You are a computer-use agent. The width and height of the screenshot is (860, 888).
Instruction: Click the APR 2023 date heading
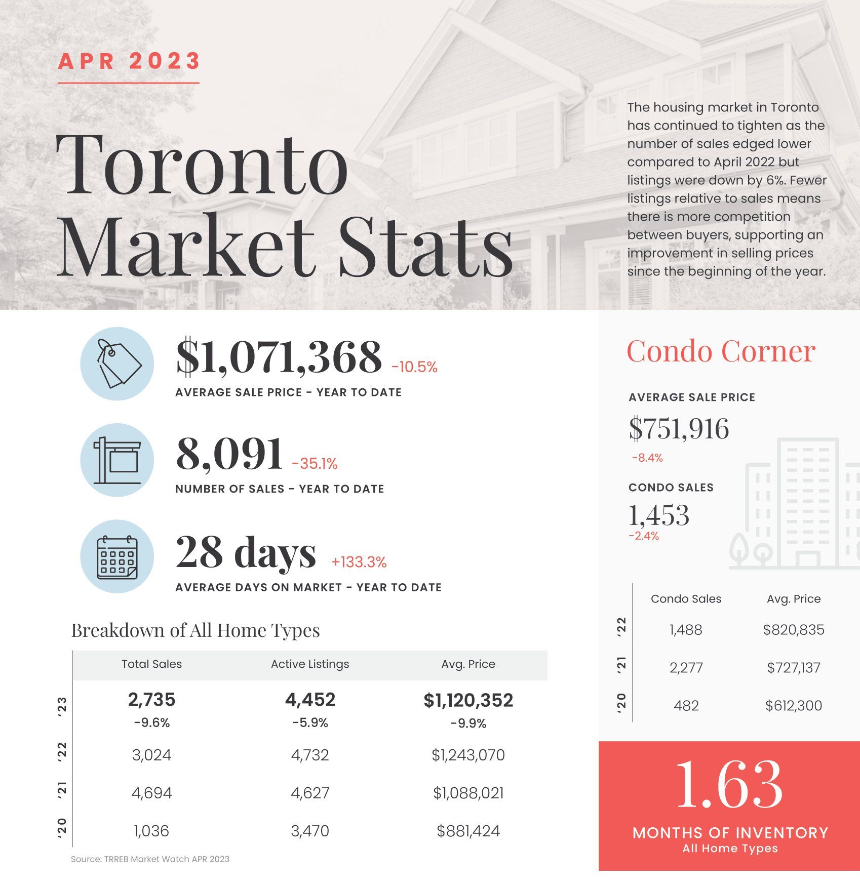point(129,61)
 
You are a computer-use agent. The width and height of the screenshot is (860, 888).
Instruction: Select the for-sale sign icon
point(118,460)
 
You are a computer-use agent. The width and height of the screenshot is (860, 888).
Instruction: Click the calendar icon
point(118,557)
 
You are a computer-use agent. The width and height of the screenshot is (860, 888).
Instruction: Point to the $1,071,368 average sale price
point(279,357)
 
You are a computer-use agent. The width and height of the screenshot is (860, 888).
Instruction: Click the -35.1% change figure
point(315,464)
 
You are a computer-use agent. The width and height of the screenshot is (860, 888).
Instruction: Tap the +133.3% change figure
point(359,562)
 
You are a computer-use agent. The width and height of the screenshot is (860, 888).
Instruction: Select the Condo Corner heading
point(721,351)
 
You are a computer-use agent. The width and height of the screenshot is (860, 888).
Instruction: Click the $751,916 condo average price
point(679,429)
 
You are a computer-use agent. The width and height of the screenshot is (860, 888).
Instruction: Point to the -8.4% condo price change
point(647,458)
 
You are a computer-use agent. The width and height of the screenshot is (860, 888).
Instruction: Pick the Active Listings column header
point(310,664)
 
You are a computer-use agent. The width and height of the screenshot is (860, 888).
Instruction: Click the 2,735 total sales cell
point(151,700)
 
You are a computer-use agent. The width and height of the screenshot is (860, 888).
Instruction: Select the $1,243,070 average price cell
point(468,755)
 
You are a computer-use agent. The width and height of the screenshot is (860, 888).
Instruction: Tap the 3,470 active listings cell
point(310,831)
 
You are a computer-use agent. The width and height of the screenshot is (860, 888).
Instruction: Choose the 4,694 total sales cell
point(151,793)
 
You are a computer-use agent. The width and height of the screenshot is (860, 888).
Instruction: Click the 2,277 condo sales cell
point(686,668)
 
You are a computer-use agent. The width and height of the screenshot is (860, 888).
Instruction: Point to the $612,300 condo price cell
point(794,706)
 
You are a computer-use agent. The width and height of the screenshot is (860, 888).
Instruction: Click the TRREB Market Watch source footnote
point(150,859)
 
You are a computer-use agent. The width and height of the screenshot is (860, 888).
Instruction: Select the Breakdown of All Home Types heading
point(196,631)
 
